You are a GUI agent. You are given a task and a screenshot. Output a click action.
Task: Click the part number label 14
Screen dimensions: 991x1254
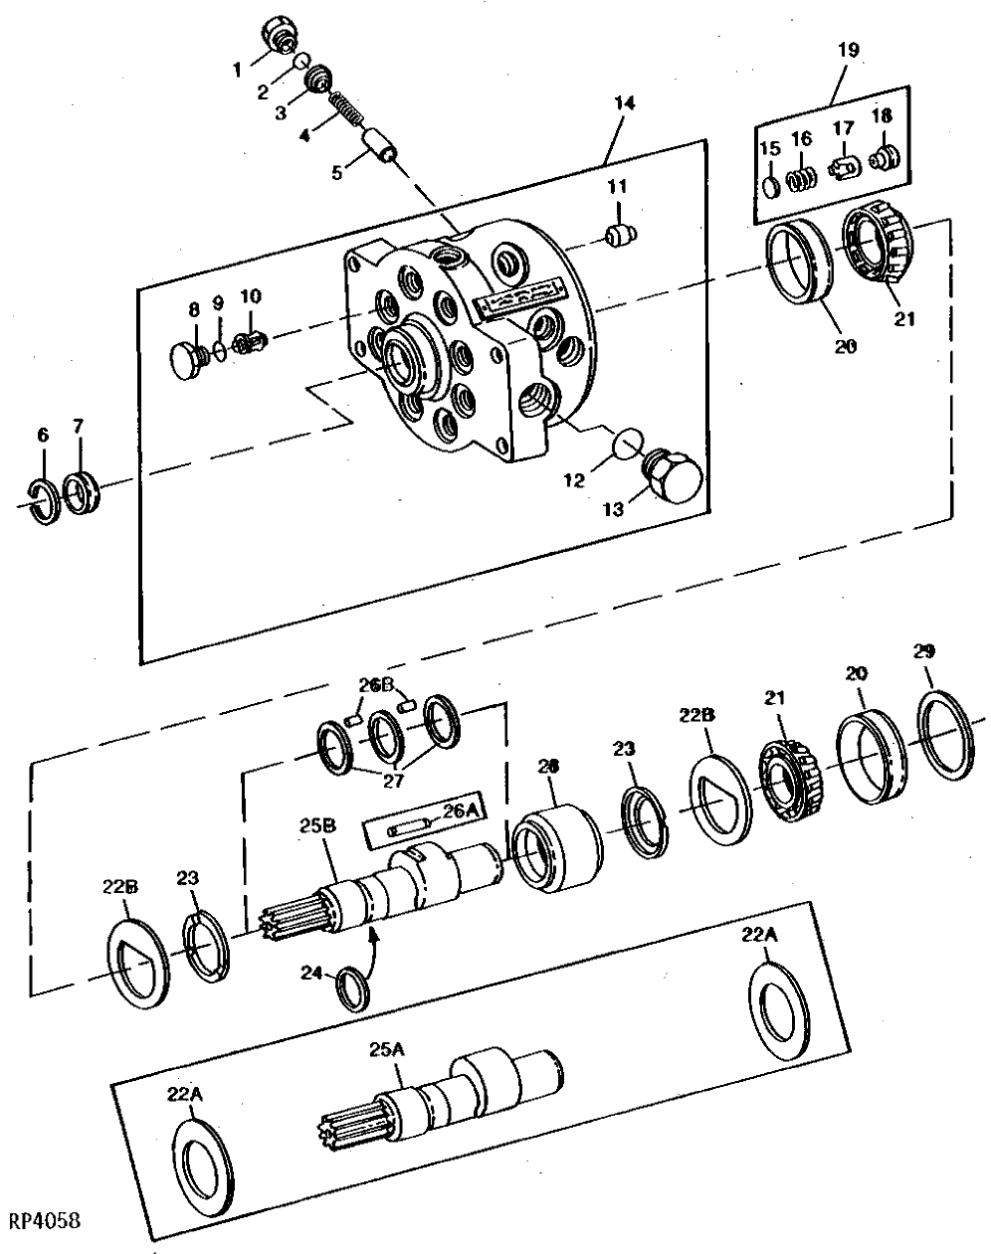tap(624, 103)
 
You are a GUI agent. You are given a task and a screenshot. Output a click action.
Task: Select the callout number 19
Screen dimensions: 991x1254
tap(849, 50)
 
